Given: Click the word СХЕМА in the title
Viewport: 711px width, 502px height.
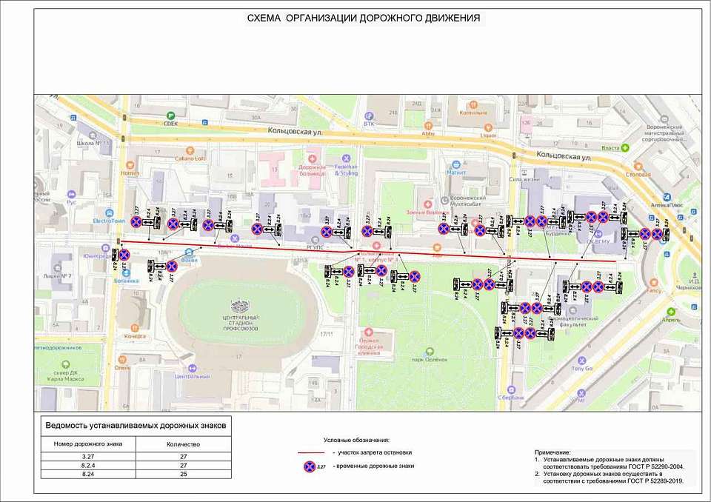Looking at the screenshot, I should coord(264,18).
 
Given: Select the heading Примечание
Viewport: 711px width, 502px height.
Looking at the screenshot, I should coord(553,452).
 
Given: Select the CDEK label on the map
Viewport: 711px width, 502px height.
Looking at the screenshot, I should coord(170,124).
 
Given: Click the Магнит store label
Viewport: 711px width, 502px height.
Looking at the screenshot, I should coord(455,173).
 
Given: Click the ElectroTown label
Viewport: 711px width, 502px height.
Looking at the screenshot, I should coord(109,220).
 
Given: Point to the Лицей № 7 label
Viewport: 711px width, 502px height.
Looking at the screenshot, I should coord(60,277).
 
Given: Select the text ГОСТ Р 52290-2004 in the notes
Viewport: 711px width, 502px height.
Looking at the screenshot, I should coord(652,466).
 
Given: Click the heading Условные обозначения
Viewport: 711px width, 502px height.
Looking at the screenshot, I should coord(356,440).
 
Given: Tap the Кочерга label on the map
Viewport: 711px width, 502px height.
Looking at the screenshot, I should coord(134,336).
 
